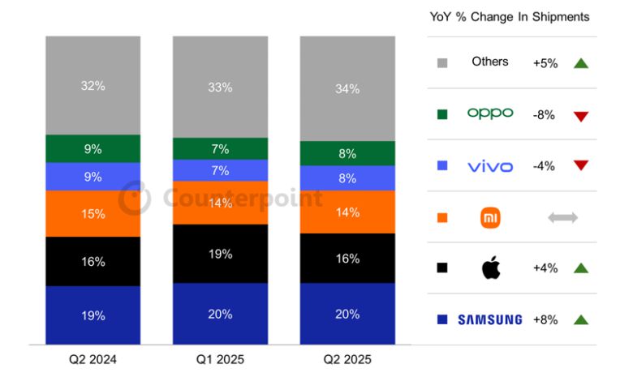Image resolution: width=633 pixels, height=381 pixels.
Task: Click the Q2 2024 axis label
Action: coord(93,359)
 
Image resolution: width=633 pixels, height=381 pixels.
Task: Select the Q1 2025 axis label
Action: coord(220,359)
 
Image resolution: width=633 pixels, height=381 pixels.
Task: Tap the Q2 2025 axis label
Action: coord(347,359)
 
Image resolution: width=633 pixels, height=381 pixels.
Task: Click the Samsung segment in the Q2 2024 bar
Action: coord(93,315)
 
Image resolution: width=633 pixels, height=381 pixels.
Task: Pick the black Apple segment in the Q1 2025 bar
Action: coord(220,254)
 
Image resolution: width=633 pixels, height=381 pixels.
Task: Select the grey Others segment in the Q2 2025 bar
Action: coord(347,89)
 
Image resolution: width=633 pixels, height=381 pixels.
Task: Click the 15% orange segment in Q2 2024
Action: coord(93,214)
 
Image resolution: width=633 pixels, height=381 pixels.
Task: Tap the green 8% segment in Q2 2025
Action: coord(347,153)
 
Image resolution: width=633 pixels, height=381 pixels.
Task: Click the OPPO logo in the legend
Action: coord(490,113)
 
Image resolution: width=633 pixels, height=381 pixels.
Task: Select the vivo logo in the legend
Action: coord(490,166)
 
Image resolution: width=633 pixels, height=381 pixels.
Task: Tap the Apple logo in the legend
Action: coord(491,268)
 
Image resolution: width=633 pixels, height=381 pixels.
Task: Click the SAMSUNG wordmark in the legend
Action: coord(490,319)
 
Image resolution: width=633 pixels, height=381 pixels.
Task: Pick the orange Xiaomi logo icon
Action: coord(491,217)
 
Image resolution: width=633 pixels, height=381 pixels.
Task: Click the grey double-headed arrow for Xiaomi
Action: coord(562,217)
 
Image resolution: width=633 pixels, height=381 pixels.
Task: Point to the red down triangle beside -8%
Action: coord(580,116)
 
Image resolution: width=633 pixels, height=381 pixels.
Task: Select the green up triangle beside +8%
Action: coord(580,319)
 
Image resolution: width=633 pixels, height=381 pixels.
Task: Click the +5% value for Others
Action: coord(545,63)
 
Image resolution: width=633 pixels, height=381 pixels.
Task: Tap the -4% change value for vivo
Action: coord(544,166)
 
